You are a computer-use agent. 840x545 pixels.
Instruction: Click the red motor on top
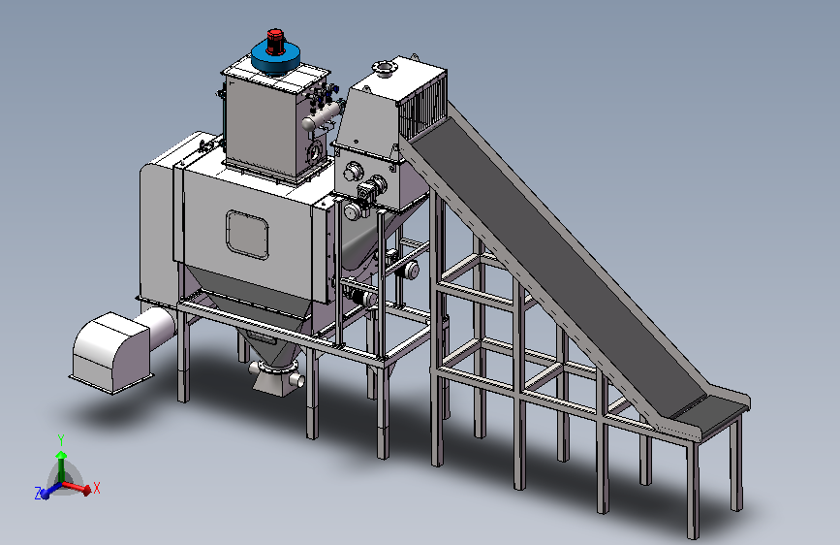(275, 42)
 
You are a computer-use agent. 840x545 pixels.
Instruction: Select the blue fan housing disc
(275, 58)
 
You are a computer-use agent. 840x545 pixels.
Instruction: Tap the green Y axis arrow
(62, 465)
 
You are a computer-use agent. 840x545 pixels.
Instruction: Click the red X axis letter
(97, 488)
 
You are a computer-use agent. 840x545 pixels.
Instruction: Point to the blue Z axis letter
(38, 494)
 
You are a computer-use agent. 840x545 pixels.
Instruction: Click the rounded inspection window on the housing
(247, 235)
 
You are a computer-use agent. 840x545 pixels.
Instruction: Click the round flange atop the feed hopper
(384, 68)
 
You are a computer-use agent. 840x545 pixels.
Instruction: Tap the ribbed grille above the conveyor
(423, 112)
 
